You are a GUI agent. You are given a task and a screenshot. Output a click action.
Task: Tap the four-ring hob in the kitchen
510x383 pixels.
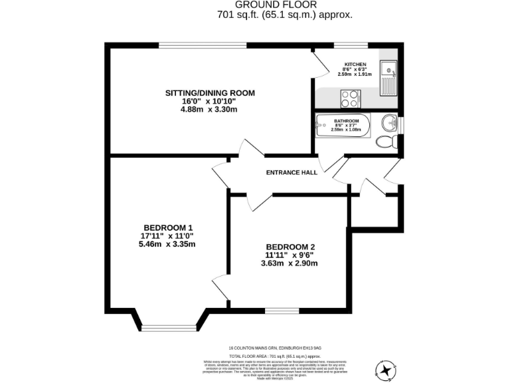(349, 99)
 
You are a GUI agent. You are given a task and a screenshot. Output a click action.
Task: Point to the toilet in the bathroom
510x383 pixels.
(385, 141)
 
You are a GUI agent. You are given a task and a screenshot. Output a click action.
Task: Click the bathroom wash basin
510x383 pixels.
(390, 122)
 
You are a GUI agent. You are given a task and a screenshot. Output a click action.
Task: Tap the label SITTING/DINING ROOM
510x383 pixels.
(210, 92)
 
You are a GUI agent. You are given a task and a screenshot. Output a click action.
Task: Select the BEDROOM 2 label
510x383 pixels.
(289, 246)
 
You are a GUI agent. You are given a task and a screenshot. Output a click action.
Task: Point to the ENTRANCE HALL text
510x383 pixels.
(291, 172)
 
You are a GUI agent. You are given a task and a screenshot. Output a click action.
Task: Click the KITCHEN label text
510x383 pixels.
(355, 64)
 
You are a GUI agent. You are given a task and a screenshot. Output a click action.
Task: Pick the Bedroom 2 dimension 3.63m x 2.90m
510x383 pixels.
(289, 263)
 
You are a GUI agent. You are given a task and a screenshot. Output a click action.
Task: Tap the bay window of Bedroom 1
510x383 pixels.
(169, 328)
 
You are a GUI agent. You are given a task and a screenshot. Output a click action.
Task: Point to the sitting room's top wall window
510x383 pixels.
(202, 45)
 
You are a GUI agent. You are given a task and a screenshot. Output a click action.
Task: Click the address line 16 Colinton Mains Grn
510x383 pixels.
(275, 346)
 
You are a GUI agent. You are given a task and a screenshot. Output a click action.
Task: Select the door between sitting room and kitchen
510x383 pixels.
(319, 64)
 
